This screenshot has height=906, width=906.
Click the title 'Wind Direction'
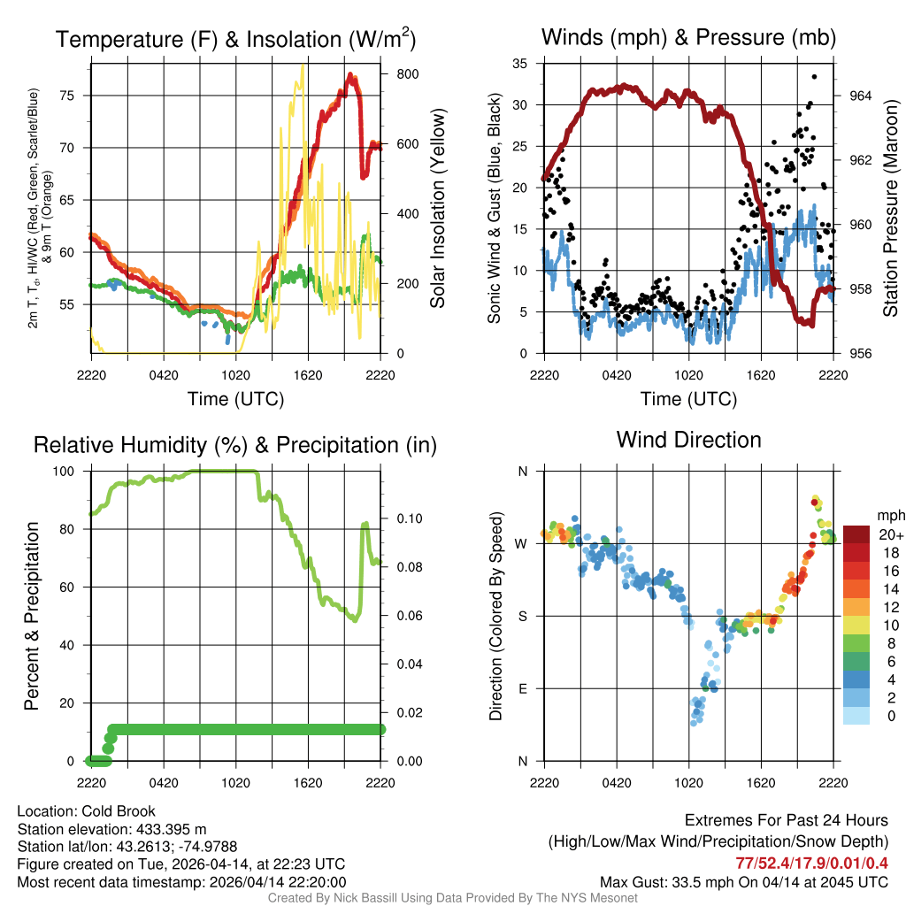pyautogui.click(x=688, y=440)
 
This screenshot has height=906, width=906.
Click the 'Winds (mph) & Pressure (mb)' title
pyautogui.click(x=688, y=38)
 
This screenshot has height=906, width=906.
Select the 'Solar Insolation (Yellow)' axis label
pyautogui.click(x=436, y=209)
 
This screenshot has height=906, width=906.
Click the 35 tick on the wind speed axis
pyautogui.click(x=520, y=63)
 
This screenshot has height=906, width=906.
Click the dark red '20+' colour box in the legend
pyautogui.click(x=856, y=534)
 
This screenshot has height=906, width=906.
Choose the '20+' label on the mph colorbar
pyautogui.click(x=889, y=534)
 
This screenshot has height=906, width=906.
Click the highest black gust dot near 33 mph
pyautogui.click(x=814, y=77)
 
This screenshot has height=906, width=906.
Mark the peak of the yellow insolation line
pyautogui.click(x=303, y=66)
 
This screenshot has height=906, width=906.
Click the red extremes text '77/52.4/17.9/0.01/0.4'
pyautogui.click(x=811, y=863)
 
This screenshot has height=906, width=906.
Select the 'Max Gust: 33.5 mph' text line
pyautogui.click(x=743, y=881)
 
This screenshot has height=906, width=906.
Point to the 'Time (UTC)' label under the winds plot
pyautogui.click(x=688, y=399)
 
